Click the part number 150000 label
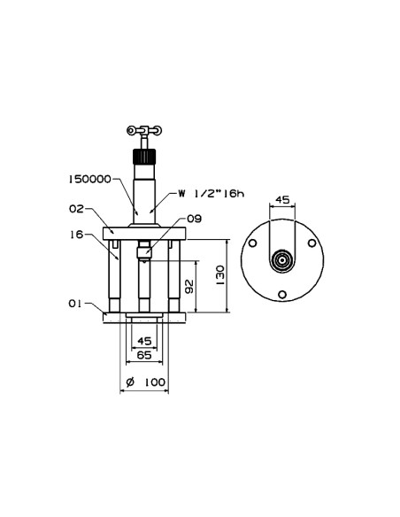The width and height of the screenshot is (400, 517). coord(89,180)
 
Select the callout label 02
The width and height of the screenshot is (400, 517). coord(76,209)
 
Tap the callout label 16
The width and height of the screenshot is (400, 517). coord(76,235)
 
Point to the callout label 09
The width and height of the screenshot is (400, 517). coord(194,219)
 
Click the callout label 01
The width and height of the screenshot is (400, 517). coord(75,304)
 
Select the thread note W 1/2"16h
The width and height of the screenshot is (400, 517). coord(212,194)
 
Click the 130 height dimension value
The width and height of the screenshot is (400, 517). coord(220,275)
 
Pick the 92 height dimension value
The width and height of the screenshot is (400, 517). coord(189,286)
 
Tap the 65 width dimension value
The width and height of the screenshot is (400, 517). coord(144,355)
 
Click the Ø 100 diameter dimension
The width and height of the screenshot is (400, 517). coord(146,382)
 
